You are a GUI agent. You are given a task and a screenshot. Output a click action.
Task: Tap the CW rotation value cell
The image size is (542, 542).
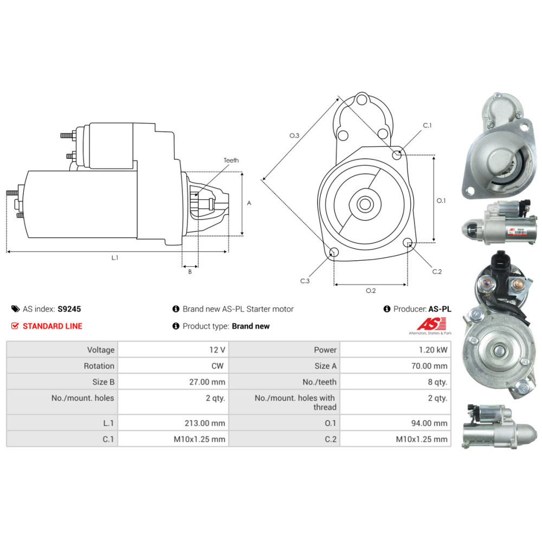point(217,366)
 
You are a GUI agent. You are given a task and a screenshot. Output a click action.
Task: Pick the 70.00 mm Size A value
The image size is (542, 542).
point(429,366)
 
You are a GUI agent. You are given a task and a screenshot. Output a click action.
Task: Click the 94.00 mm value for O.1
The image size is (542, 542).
point(429,423)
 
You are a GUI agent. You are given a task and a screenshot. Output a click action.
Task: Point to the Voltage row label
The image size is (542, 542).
point(101,350)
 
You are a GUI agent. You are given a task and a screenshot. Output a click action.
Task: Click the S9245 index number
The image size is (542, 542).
point(69,309)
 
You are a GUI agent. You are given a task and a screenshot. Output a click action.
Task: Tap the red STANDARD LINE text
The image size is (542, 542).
point(53,326)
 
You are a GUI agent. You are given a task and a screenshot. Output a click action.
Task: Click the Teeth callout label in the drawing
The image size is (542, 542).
point(231,160)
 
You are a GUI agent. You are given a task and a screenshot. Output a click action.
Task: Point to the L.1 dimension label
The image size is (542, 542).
point(115,258)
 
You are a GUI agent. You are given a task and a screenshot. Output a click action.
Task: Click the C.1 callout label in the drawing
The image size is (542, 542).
point(427,126)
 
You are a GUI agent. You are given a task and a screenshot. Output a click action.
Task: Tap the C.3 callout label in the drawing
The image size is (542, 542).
point(305,281)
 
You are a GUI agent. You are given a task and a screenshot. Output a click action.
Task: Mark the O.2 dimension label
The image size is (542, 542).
point(371,291)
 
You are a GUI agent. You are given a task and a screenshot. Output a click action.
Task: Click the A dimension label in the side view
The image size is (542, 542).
point(249,203)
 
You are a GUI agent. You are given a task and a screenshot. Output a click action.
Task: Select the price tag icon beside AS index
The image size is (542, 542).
point(15,309)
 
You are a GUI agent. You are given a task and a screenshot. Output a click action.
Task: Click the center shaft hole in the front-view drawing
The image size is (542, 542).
point(364,204)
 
